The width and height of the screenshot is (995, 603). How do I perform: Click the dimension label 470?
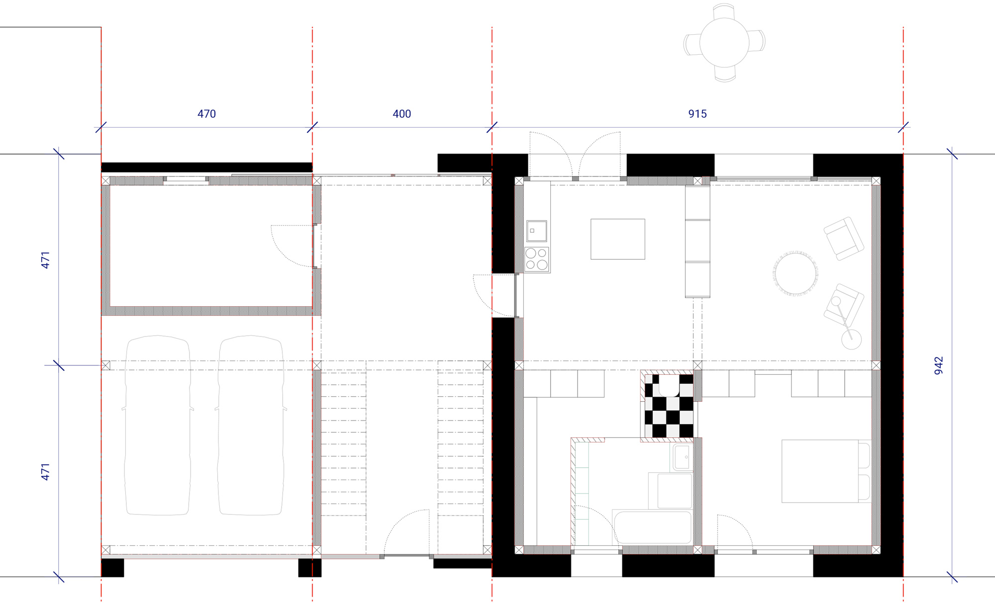click(206, 114)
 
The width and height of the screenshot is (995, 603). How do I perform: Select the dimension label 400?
click(402, 114)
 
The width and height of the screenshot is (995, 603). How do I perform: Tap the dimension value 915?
click(697, 114)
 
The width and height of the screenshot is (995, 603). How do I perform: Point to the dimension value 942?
click(939, 365)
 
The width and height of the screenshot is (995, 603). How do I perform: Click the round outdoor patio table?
click(724, 42)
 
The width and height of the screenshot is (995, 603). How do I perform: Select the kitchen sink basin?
click(537, 231)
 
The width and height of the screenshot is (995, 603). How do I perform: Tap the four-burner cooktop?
click(537, 259)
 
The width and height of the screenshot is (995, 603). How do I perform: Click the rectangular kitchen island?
click(618, 239)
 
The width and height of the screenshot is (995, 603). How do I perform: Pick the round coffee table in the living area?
click(796, 274)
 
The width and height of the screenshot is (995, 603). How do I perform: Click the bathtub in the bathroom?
click(653, 527)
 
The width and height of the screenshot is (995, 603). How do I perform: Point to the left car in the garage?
click(157, 425)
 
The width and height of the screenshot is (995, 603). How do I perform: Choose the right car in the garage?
click(251, 425)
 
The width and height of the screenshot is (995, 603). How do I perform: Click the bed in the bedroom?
click(826, 471)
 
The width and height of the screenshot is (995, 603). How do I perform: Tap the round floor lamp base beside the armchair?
click(851, 340)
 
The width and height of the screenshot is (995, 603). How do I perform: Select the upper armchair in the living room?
click(844, 239)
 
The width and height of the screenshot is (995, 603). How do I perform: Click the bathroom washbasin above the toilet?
click(683, 457)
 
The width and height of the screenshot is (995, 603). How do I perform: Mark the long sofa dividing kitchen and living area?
click(697, 242)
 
